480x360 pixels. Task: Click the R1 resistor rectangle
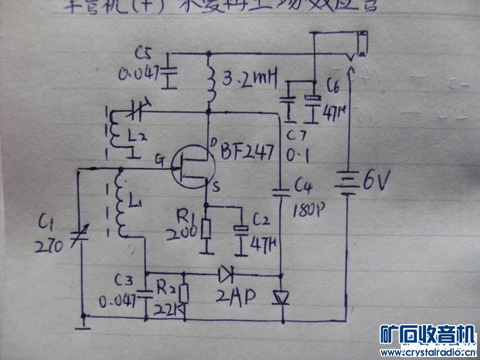click(x=207, y=229)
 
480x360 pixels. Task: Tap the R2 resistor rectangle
click(x=184, y=293)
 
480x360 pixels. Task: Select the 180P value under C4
click(x=311, y=212)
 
